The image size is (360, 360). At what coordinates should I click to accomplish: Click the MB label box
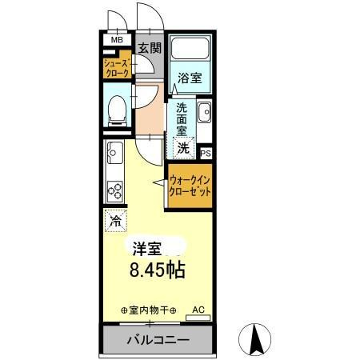[x=117, y=39]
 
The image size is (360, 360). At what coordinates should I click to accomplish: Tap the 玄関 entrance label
[x=149, y=48]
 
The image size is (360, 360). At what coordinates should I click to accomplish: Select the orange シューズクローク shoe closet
[x=117, y=69]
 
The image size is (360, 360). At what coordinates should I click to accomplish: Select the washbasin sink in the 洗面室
[x=203, y=111]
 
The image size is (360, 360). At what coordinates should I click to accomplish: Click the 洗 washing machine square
[x=184, y=147]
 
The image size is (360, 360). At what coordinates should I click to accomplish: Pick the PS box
[x=206, y=152]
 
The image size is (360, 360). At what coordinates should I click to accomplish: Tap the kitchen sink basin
[x=113, y=150]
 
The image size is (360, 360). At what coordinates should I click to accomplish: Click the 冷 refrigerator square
[x=114, y=218]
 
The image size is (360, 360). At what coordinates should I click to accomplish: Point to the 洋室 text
[x=146, y=247]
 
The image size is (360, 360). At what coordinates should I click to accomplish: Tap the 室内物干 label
[x=148, y=310]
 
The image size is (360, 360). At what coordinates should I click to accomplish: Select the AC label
[x=198, y=309]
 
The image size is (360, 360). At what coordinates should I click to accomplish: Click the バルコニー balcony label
[x=158, y=340]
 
